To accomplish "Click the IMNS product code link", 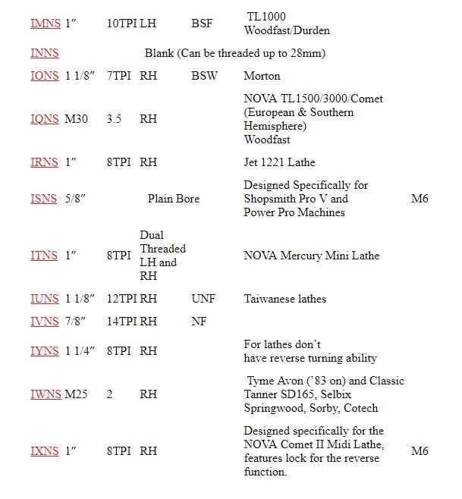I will (45, 24).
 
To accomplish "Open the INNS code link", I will (44, 54).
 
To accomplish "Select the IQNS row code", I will (45, 119).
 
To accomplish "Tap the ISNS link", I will (44, 199).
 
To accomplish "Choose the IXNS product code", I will (45, 450).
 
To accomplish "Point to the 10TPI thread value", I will (121, 24).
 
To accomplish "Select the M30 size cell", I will (77, 119).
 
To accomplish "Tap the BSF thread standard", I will (202, 24).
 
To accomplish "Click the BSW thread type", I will (204, 76).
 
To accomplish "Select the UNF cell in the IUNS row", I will (203, 299).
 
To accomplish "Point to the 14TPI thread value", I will (121, 322).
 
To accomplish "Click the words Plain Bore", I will (174, 199).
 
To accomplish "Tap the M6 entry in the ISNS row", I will (420, 199).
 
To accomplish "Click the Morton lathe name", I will (262, 76).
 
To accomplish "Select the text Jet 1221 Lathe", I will (279, 162).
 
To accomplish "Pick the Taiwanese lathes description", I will (284, 299).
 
